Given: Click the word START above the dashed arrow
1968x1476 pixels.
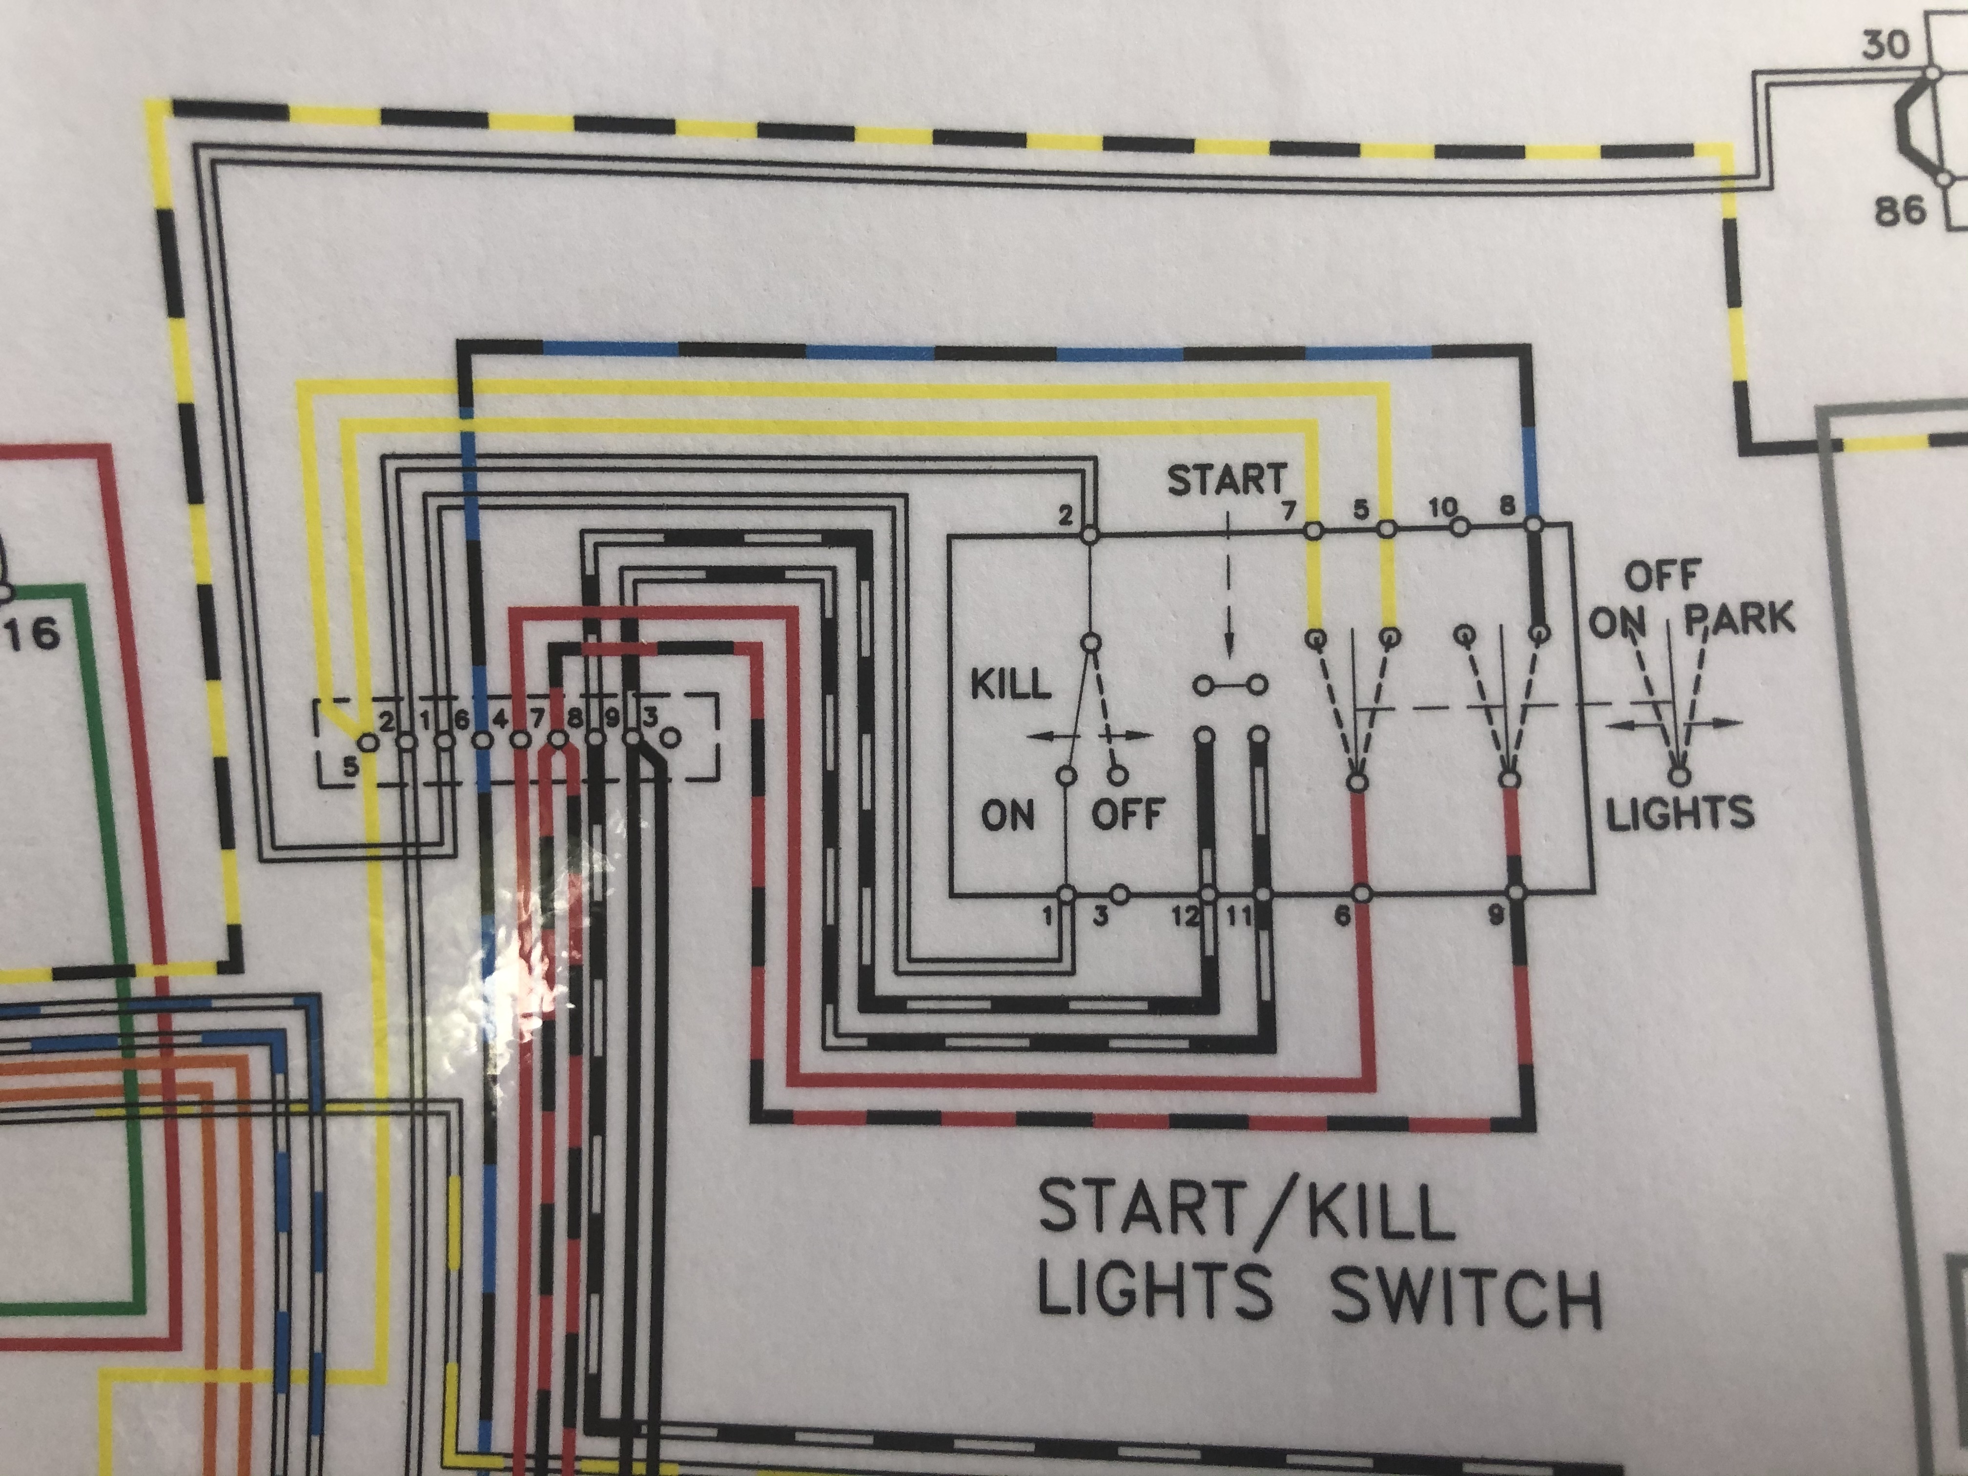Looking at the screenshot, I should click(x=1226, y=481).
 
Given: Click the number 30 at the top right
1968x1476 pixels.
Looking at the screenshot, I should click(x=1885, y=46).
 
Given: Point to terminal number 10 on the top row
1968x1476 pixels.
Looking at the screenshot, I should click(x=1442, y=508).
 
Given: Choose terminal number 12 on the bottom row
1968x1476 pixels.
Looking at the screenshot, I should click(x=1184, y=916).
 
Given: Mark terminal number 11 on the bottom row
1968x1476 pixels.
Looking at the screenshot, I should click(x=1237, y=916).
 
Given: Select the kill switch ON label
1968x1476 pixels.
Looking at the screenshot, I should click(x=1008, y=814).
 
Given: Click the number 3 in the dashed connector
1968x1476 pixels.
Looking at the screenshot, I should click(x=650, y=716).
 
